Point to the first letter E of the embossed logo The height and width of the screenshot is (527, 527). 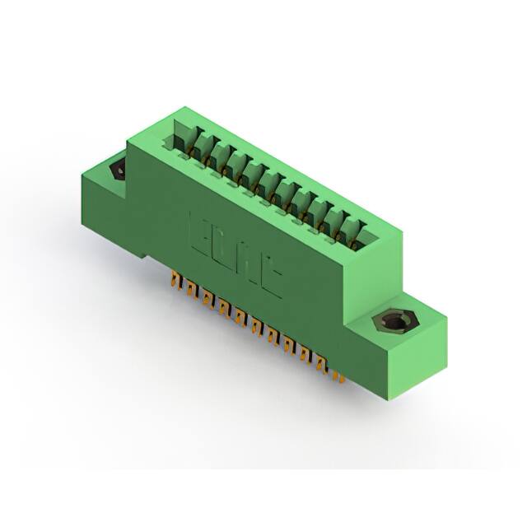click(x=200, y=235)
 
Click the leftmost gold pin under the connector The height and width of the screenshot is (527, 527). click(x=175, y=282)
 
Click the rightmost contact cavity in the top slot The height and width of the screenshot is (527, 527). click(x=356, y=233)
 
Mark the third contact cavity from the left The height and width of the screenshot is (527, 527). click(x=221, y=159)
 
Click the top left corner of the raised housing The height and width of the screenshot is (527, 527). click(x=128, y=124)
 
